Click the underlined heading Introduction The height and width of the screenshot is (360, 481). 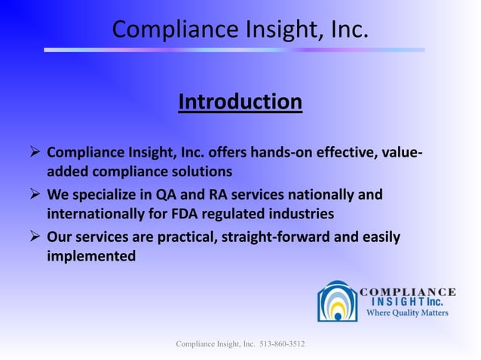tap(240, 101)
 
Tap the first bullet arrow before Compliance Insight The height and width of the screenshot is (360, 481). tap(34, 154)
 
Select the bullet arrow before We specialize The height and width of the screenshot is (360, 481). tap(34, 196)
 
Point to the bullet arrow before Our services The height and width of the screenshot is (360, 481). tap(34, 237)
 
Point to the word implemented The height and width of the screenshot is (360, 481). tap(91, 256)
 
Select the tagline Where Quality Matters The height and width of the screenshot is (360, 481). tap(407, 313)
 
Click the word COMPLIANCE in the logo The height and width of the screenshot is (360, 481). tap(408, 292)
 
